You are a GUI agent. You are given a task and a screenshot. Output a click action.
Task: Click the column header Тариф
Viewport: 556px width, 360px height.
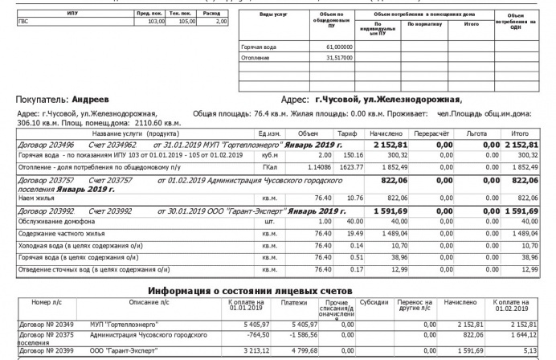(x=347, y=133)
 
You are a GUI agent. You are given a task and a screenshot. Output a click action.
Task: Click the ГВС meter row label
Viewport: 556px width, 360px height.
(x=23, y=22)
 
